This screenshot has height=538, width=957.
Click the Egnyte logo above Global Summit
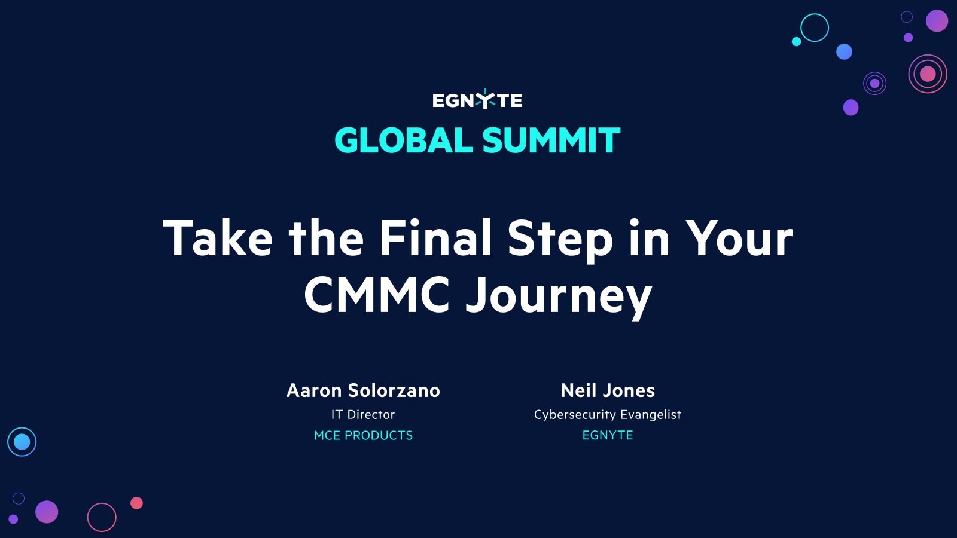tap(477, 100)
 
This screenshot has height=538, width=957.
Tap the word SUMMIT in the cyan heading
tap(551, 141)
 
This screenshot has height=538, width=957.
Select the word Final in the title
tap(435, 239)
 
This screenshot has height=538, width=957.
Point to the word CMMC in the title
tap(377, 295)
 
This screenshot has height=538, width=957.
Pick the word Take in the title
tap(218, 239)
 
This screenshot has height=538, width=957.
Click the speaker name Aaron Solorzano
tap(363, 390)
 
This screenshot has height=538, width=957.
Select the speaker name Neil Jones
tap(608, 390)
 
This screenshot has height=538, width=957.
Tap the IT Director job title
tap(363, 414)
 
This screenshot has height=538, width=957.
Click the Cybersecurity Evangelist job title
tap(608, 414)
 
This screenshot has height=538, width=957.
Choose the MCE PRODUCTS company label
tap(363, 435)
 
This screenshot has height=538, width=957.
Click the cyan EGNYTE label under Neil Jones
tap(608, 435)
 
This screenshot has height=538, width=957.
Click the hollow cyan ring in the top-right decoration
tap(815, 27)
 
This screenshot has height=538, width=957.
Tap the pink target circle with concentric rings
tap(928, 74)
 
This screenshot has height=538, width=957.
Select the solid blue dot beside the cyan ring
tap(844, 52)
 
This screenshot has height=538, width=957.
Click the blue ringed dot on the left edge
tap(22, 442)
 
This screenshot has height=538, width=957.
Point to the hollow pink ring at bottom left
tap(102, 517)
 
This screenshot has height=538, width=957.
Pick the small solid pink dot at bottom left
tap(136, 503)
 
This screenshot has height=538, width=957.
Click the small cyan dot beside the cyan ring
tap(796, 41)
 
